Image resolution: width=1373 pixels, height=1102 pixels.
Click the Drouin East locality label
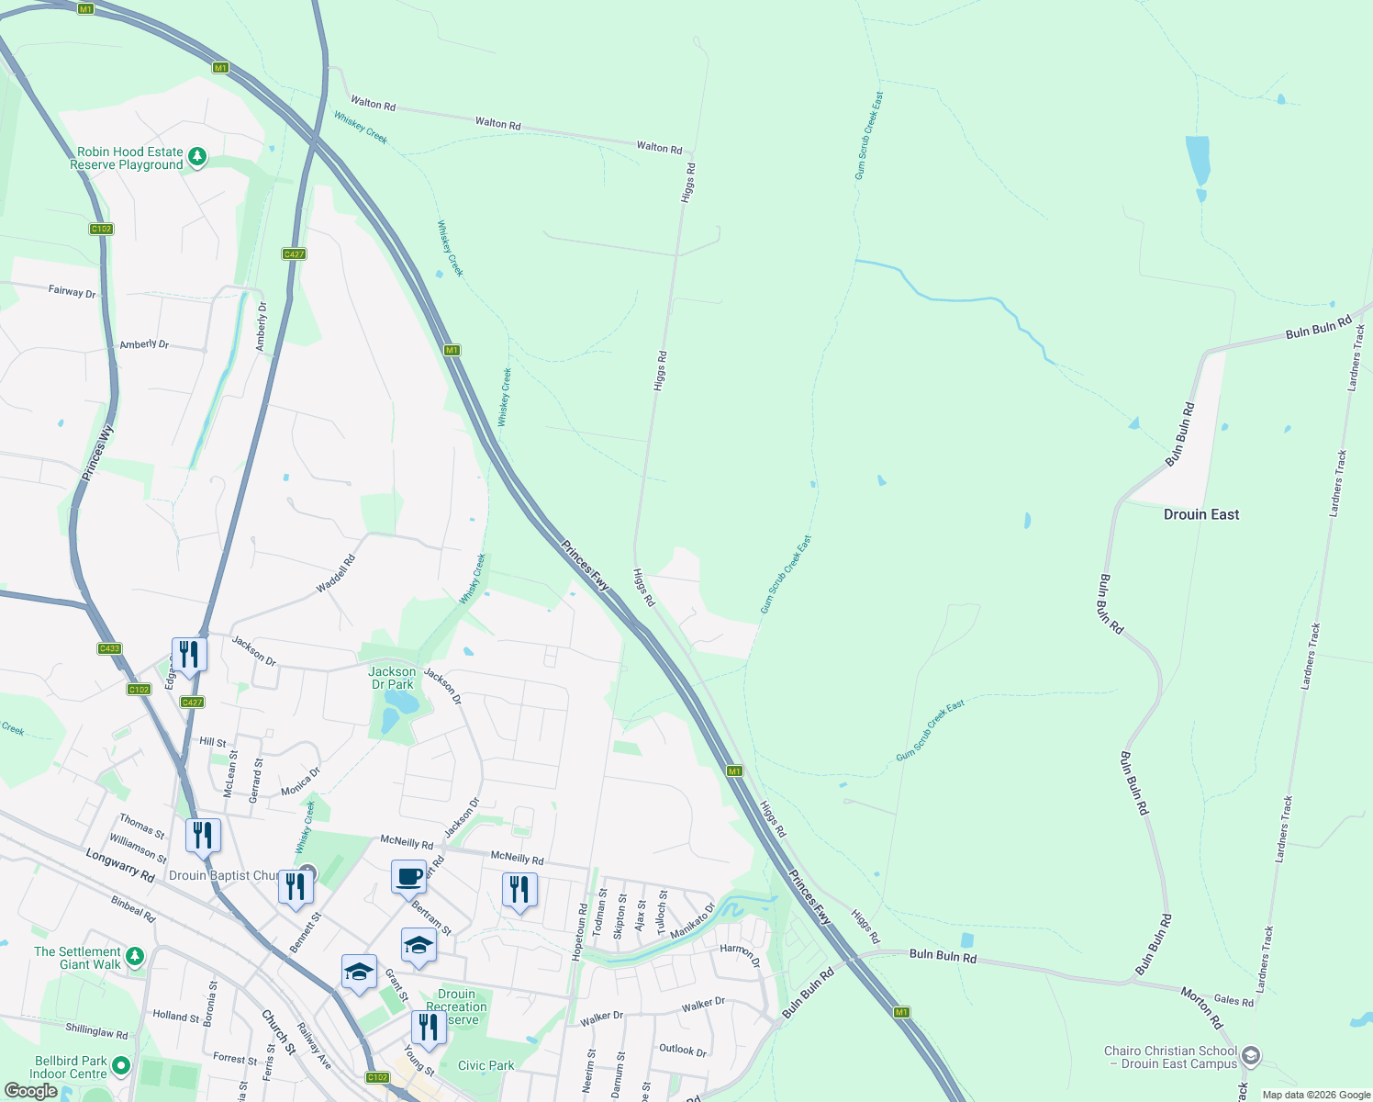click(1200, 514)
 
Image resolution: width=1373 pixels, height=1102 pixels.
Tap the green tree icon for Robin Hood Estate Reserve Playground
click(196, 158)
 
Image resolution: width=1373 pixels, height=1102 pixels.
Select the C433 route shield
click(109, 648)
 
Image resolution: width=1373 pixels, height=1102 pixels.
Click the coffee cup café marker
click(409, 876)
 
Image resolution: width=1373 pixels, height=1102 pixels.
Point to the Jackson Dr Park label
click(392, 678)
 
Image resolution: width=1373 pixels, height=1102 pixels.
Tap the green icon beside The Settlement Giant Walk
click(135, 957)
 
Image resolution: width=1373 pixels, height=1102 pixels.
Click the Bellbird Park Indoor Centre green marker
click(121, 1066)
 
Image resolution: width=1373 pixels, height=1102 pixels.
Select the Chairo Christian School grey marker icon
click(1250, 1057)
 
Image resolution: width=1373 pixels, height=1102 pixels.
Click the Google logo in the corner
click(30, 1090)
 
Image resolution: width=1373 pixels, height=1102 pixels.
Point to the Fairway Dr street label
click(72, 291)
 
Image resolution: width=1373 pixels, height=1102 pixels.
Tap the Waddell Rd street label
click(335, 574)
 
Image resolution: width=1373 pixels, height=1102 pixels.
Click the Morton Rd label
click(1201, 1008)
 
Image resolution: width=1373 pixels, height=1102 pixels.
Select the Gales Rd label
click(1233, 1001)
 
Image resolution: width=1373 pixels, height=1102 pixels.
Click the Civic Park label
click(486, 1065)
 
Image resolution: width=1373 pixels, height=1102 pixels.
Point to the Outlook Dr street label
click(683, 1050)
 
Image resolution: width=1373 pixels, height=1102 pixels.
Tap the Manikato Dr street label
click(692, 921)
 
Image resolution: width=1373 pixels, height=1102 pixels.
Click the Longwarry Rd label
click(119, 866)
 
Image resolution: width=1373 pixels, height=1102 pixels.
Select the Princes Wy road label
click(97, 453)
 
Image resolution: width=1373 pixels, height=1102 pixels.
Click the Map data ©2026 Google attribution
click(1316, 1095)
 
